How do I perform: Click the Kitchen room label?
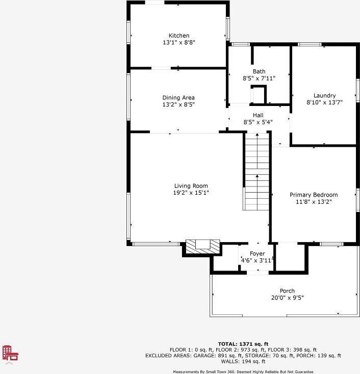[x=179, y=36]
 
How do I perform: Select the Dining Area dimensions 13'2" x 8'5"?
[x=178, y=104]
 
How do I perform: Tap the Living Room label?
[x=191, y=186]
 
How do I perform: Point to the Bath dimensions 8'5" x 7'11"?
[x=259, y=78]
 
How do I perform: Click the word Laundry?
[x=324, y=96]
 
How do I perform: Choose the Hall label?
[x=258, y=115]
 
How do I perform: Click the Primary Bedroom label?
[x=314, y=195]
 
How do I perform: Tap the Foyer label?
[x=258, y=254]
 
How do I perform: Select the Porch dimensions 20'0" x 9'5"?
[x=288, y=298]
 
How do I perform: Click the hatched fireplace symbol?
[x=202, y=247]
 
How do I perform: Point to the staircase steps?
[x=257, y=172]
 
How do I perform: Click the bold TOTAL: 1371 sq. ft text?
[x=243, y=344]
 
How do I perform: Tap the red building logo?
[x=10, y=353]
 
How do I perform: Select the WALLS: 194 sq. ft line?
[x=243, y=361]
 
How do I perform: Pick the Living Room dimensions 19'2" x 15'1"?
[x=191, y=193]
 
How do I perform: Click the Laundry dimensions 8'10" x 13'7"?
[x=324, y=102]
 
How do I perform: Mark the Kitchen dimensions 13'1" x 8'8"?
[x=179, y=42]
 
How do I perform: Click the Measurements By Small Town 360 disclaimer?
[x=243, y=371]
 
